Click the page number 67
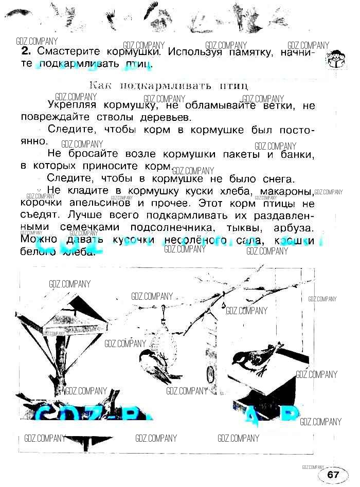pyautogui.click(x=333, y=474)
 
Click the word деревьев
pyautogui.click(x=167, y=117)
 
